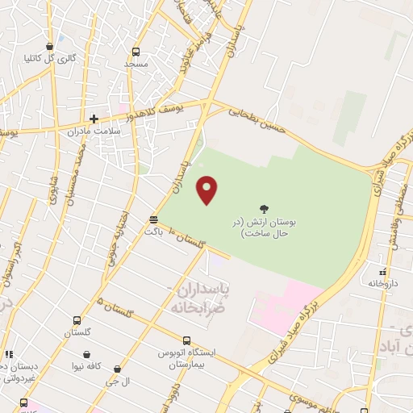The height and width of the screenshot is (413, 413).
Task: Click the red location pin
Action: click(207, 190)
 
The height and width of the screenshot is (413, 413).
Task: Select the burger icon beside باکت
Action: click(153, 219)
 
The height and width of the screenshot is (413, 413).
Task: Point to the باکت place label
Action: click(153, 232)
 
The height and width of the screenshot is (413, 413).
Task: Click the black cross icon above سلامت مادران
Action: click(94, 119)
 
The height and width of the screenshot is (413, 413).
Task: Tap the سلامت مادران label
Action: click(118, 130)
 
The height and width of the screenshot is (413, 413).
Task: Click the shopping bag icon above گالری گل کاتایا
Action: click(51, 46)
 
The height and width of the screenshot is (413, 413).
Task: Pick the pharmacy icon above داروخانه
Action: click(383, 272)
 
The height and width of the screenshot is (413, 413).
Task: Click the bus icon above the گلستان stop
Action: click(77, 319)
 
